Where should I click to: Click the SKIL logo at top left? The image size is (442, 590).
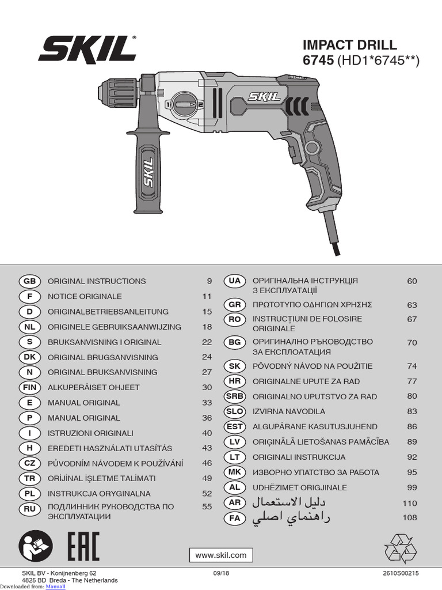pos(87,49)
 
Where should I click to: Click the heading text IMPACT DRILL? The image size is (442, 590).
pos(349,45)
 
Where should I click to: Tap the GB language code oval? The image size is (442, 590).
pos(30,281)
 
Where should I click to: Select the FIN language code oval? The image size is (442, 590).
pos(30,387)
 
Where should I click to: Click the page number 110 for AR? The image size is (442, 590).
pos(409,503)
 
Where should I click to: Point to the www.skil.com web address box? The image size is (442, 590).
pos(221,555)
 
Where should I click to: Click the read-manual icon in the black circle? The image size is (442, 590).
pos(34,546)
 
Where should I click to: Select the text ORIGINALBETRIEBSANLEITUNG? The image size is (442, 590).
pos(108,312)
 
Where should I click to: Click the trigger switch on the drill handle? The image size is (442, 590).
pos(292,154)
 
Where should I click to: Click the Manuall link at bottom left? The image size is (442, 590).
pos(55,586)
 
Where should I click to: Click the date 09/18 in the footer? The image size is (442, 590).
pos(220,573)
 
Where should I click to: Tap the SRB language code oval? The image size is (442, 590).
pos(235,396)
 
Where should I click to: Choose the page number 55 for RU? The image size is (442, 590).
pos(207,507)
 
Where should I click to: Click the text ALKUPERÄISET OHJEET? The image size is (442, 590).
pos(93,387)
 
